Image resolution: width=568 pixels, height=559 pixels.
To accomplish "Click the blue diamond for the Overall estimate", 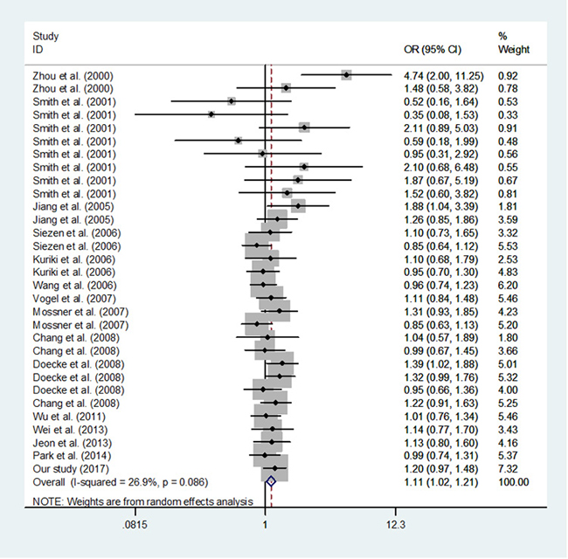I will [271, 480].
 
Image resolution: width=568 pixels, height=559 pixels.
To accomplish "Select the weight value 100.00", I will [513, 481].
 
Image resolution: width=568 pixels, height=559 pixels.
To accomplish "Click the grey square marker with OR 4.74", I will [347, 75].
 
